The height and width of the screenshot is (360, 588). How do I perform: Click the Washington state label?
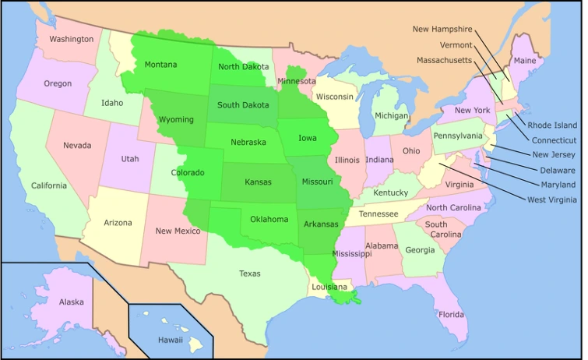click(71, 39)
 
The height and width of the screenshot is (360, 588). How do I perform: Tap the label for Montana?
click(160, 65)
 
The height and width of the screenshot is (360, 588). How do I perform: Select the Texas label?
click(250, 274)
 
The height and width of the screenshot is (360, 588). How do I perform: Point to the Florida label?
click(451, 315)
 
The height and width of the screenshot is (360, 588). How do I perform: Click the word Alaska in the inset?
click(71, 302)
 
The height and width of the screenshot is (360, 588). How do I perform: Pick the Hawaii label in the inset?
click(170, 340)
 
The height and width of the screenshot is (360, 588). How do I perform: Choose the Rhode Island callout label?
click(552, 125)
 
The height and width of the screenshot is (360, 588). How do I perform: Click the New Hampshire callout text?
click(442, 30)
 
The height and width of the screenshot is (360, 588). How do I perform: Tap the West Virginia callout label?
click(551, 199)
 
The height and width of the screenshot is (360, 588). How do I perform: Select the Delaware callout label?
click(558, 170)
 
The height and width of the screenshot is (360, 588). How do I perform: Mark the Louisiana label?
click(329, 287)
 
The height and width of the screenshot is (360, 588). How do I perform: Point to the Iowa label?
click(307, 139)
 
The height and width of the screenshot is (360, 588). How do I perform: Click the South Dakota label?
click(243, 105)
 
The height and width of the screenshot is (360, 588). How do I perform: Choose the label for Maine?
click(524, 61)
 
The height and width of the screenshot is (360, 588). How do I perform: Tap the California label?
click(48, 185)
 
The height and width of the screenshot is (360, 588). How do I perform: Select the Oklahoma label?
click(269, 219)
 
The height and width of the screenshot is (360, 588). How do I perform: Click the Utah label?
click(129, 159)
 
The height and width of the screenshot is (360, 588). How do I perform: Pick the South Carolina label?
click(442, 229)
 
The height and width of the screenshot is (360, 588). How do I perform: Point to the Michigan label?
click(391, 116)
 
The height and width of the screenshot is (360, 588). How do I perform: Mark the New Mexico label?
click(178, 231)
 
